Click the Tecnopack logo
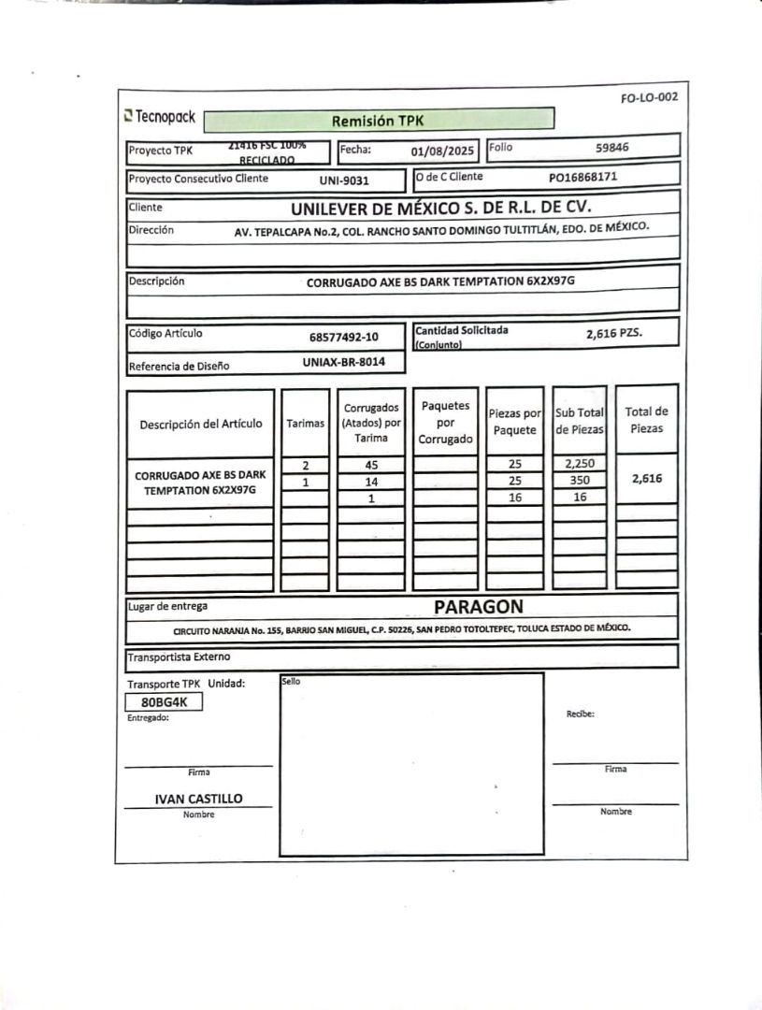point(159,118)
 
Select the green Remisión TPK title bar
point(378,120)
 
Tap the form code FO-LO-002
point(649,97)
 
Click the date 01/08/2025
point(443,151)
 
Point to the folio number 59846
point(612,147)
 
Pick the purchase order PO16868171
point(582,176)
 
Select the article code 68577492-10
point(344,337)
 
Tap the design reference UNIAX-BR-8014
point(344,362)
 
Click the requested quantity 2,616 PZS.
point(614,333)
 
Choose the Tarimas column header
point(305,423)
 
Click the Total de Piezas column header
point(646,420)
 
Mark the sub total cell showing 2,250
point(580,464)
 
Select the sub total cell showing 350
point(580,481)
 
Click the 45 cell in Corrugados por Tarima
point(370,465)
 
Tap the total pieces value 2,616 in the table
point(646,479)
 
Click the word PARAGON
point(478,606)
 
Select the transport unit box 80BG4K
point(164,701)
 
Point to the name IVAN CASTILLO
point(198,799)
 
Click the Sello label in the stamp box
point(291,682)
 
